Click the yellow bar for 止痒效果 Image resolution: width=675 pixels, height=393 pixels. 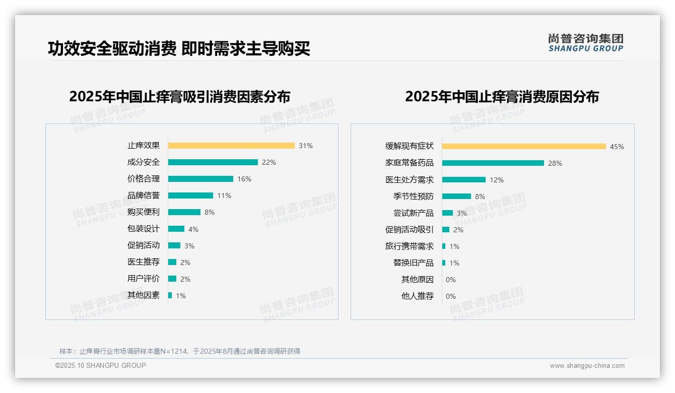pyautogui.click(x=231, y=146)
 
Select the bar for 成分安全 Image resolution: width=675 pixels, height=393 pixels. pyautogui.click(x=213, y=162)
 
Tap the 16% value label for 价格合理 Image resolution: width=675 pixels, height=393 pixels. pyautogui.click(x=244, y=179)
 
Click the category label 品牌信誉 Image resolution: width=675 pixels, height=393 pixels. pyautogui.click(x=144, y=195)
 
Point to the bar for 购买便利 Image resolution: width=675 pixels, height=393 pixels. pyautogui.click(x=184, y=212)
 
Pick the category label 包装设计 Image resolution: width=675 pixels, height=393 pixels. pyautogui.click(x=144, y=229)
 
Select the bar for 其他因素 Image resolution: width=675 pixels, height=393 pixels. pyautogui.click(x=170, y=295)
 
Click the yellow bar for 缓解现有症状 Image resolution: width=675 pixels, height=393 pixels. pyautogui.click(x=524, y=147)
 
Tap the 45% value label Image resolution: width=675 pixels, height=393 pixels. pyautogui.click(x=617, y=147)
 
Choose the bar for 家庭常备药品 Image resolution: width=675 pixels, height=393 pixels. pyautogui.click(x=493, y=163)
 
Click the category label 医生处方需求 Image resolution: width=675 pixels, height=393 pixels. pyautogui.click(x=409, y=180)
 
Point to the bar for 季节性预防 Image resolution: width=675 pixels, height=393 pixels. pyautogui.click(x=456, y=196)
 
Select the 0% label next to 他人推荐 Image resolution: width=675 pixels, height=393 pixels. pyautogui.click(x=450, y=296)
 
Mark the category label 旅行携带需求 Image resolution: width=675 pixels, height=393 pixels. pyautogui.click(x=409, y=246)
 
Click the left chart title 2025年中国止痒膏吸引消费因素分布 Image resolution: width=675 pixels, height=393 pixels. pyautogui.click(x=179, y=97)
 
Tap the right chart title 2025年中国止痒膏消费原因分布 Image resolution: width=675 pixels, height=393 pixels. pyautogui.click(x=502, y=97)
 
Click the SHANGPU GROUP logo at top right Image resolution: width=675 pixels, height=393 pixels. pyautogui.click(x=585, y=43)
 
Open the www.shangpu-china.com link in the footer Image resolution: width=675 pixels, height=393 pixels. pyautogui.click(x=587, y=366)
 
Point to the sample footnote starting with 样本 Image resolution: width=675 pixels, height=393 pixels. pyautogui.click(x=179, y=351)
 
